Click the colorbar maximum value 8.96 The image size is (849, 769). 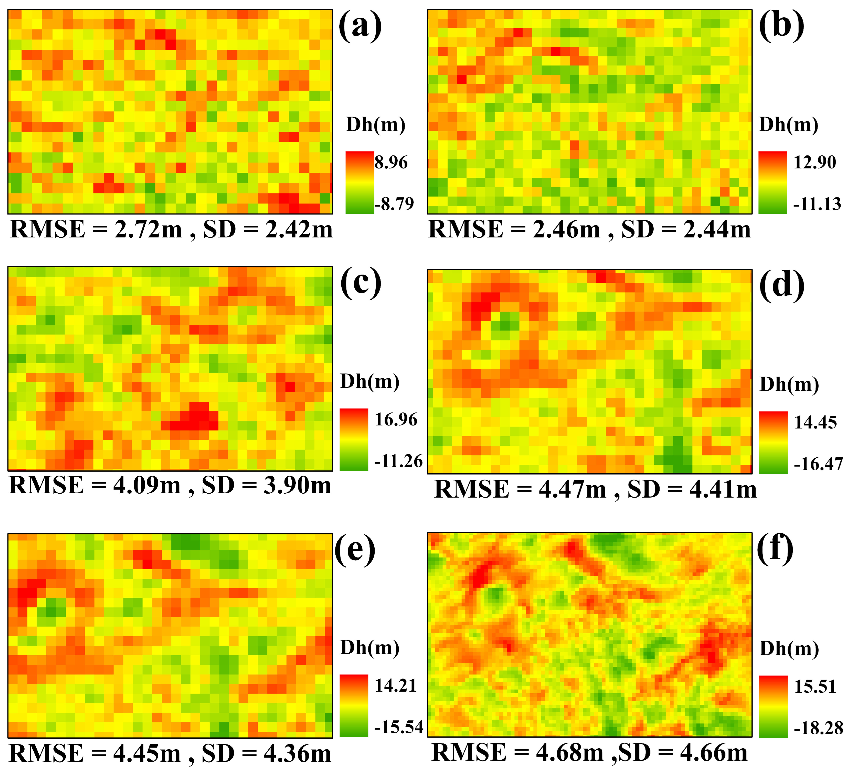[x=391, y=163]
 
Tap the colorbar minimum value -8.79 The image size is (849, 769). [x=394, y=204]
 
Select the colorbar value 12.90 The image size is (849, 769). [x=815, y=163]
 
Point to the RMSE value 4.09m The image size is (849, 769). [x=147, y=486]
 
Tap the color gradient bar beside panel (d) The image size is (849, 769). [x=773, y=443]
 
